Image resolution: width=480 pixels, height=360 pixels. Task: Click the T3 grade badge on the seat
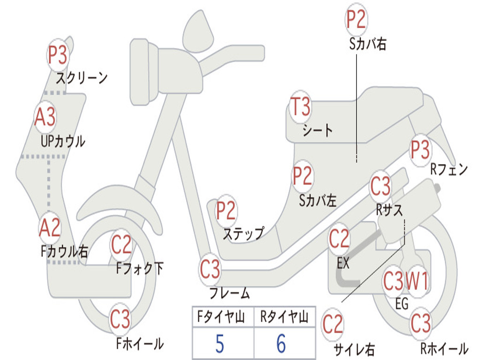(x=300, y=107)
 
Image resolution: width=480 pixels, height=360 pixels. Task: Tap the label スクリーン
(x=82, y=77)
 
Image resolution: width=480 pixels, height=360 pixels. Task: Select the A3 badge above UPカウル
(x=45, y=118)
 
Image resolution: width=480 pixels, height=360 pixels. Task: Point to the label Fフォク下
(x=140, y=268)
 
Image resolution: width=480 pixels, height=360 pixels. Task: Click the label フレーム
(x=229, y=294)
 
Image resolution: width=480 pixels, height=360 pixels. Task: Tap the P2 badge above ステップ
(x=226, y=211)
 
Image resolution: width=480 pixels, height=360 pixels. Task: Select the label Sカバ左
(x=318, y=201)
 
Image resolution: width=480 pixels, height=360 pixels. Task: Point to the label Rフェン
(x=449, y=170)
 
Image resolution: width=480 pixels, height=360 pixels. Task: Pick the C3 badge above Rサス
(x=380, y=186)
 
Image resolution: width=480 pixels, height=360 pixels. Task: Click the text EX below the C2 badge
(x=343, y=263)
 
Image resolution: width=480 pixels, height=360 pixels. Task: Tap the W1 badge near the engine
(x=417, y=282)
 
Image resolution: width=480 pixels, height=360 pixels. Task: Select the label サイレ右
(x=354, y=349)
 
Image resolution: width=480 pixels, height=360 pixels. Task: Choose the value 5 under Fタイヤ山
(x=220, y=344)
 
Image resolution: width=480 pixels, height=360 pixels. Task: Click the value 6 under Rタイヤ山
(x=281, y=344)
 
